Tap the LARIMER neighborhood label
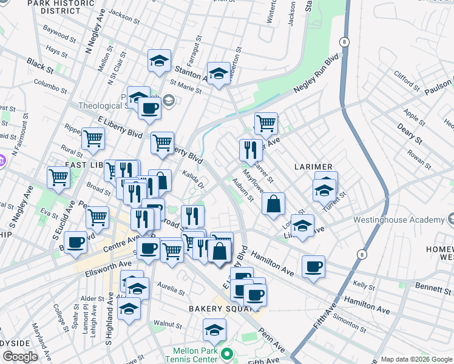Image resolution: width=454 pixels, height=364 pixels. pos(313,167)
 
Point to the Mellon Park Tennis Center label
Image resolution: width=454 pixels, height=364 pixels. pos(195,355)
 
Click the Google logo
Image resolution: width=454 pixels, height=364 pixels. pos(20,357)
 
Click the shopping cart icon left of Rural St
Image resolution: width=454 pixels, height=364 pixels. pos(58,177)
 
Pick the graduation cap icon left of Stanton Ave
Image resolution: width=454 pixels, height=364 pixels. pos(159,61)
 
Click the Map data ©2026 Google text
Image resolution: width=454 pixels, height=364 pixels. pos(416,359)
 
